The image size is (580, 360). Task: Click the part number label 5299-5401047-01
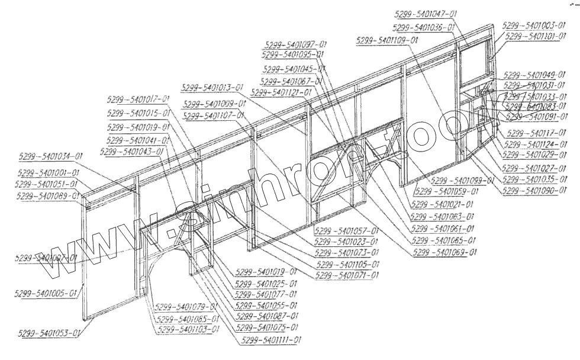[427, 14]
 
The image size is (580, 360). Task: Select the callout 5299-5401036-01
[423, 28]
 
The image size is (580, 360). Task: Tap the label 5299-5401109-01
[388, 40]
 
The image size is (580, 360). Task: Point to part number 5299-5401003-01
[532, 26]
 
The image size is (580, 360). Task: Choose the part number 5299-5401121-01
[281, 93]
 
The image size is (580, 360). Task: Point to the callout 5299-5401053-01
[50, 334]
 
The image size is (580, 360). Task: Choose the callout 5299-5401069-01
[446, 253]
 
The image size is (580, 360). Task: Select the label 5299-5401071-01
[347, 275]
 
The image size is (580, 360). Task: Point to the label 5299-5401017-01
[138, 99]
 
